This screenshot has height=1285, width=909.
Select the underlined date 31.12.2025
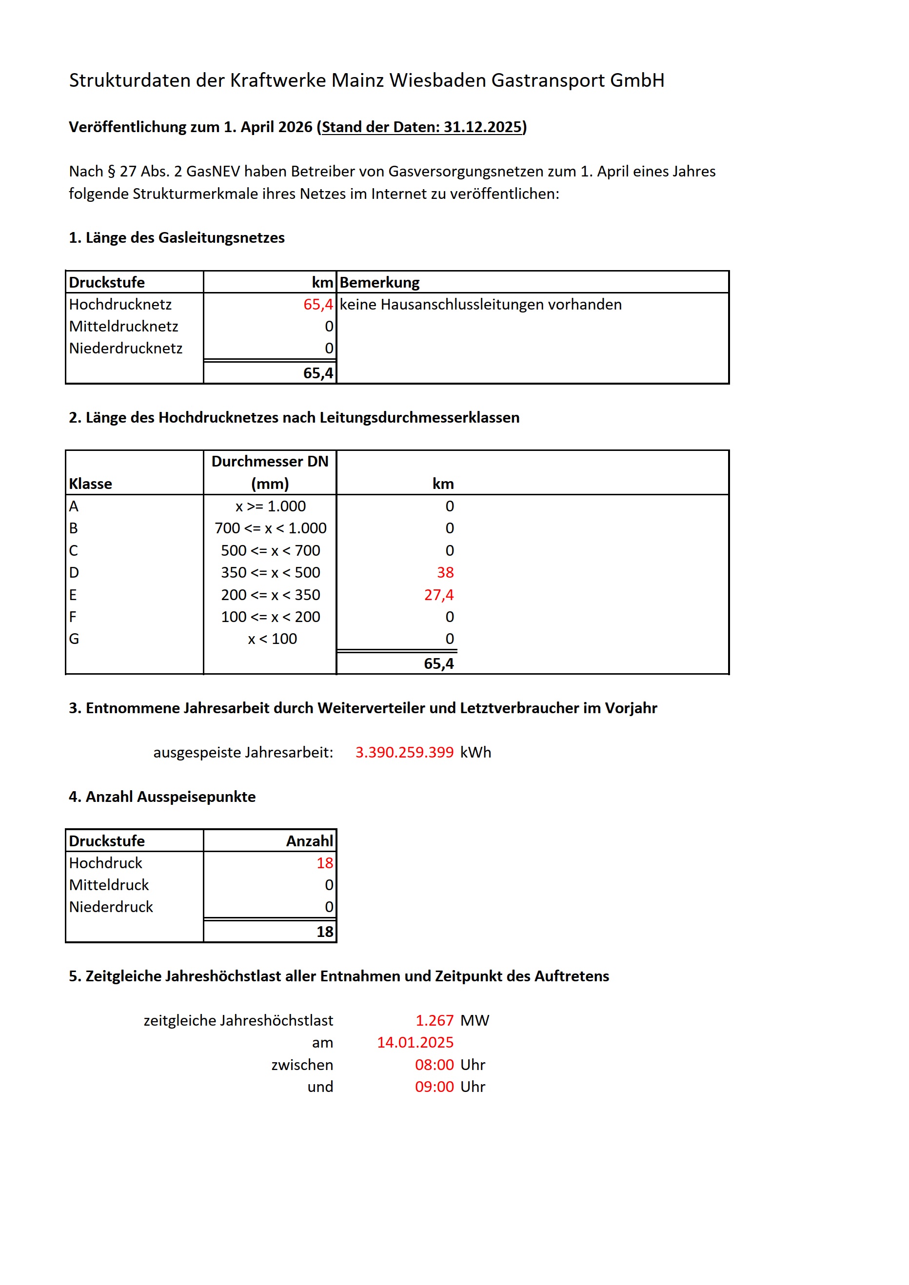(482, 127)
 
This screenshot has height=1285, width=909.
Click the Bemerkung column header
(379, 283)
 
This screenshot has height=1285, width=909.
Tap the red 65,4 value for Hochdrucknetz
(318, 305)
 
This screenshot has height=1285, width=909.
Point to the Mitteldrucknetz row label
(124, 326)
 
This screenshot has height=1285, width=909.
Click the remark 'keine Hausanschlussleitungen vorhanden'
(480, 305)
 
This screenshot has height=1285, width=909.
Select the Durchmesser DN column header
(270, 462)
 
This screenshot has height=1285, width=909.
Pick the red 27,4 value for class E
(439, 595)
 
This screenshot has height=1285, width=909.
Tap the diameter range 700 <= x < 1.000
(270, 528)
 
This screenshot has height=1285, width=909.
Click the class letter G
(74, 639)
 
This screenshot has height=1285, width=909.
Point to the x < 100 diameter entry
(272, 639)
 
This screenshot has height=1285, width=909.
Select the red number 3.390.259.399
(404, 752)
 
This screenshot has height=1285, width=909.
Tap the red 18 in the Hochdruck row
(325, 863)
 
